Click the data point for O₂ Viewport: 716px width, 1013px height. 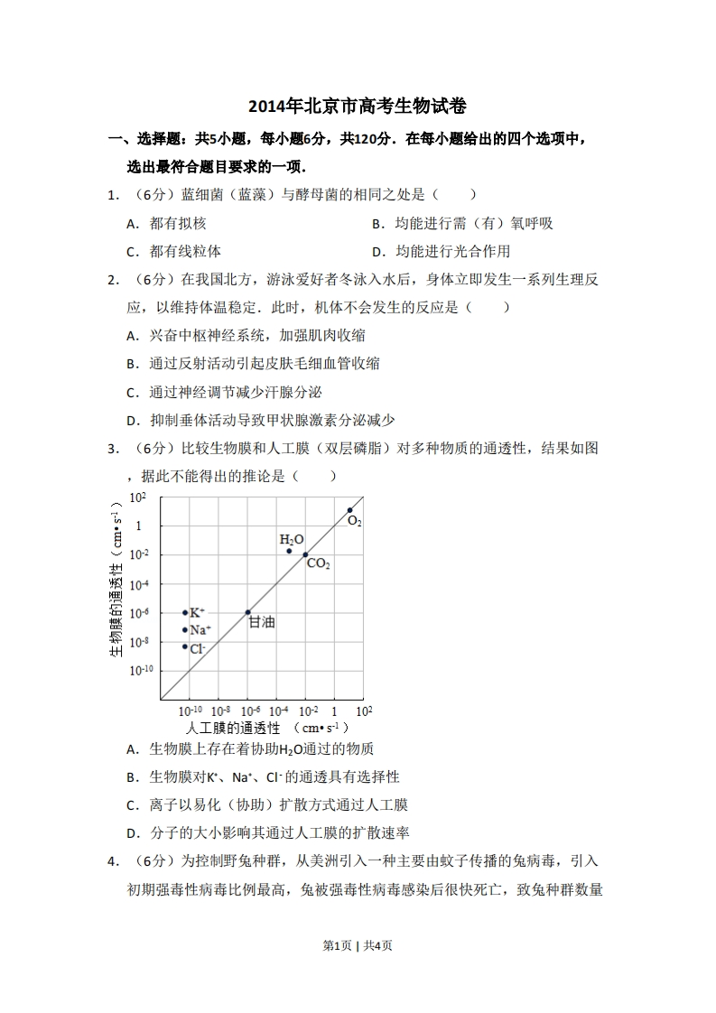[x=350, y=510]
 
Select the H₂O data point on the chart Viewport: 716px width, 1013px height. [x=289, y=551]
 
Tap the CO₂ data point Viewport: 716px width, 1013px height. [x=305, y=554]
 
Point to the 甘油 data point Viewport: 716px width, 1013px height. [x=248, y=612]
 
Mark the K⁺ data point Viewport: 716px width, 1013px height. [x=185, y=612]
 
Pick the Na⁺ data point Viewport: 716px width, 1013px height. [x=185, y=630]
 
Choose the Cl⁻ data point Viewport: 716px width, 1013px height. [x=185, y=646]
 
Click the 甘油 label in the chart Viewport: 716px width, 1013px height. [x=262, y=622]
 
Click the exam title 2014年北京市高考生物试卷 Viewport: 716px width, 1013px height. [x=358, y=107]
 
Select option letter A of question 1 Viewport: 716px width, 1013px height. [x=131, y=224]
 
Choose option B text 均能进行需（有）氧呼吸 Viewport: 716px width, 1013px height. [x=474, y=224]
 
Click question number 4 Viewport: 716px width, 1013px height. [x=113, y=861]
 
